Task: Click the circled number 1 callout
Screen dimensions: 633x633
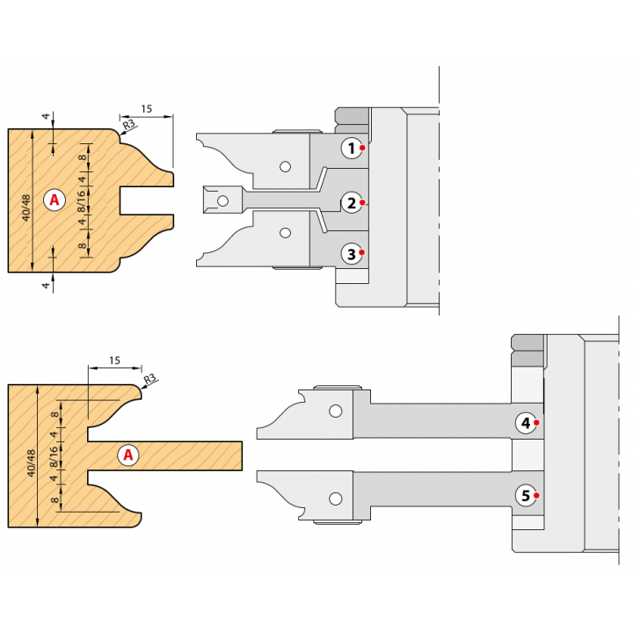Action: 352,149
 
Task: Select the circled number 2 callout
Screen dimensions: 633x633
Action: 352,203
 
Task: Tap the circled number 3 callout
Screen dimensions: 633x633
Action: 352,254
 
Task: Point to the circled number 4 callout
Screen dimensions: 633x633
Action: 526,423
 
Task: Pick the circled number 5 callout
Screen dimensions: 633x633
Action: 526,495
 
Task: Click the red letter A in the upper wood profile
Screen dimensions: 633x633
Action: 55,200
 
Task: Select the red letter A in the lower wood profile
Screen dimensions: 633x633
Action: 128,455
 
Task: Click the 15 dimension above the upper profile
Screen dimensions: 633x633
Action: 147,109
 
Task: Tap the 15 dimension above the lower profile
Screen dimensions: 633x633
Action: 114,360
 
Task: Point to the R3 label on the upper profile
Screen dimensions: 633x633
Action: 128,124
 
